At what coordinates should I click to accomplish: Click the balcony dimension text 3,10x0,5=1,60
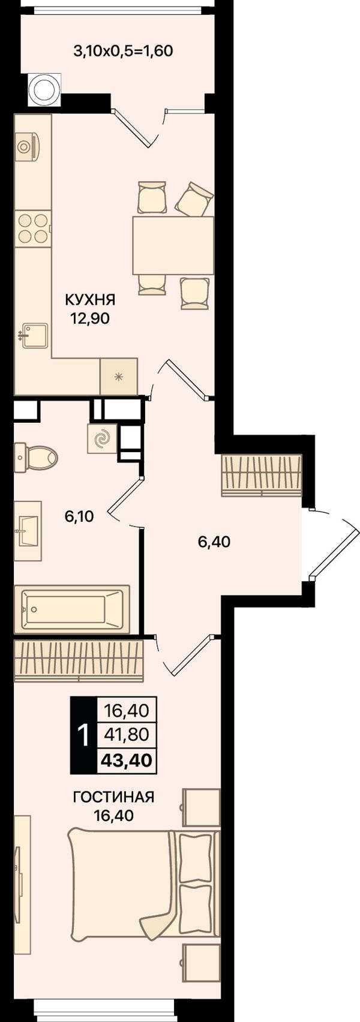[x=123, y=51]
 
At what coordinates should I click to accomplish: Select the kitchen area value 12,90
[x=89, y=318]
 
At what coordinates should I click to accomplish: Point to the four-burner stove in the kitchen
[x=34, y=229]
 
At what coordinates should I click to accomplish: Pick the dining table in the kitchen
[x=173, y=245]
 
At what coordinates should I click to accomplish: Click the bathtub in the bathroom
[x=72, y=609]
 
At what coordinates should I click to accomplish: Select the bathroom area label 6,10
[x=79, y=516]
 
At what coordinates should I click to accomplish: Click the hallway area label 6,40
[x=214, y=542]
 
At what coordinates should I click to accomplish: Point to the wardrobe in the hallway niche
[x=261, y=475]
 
